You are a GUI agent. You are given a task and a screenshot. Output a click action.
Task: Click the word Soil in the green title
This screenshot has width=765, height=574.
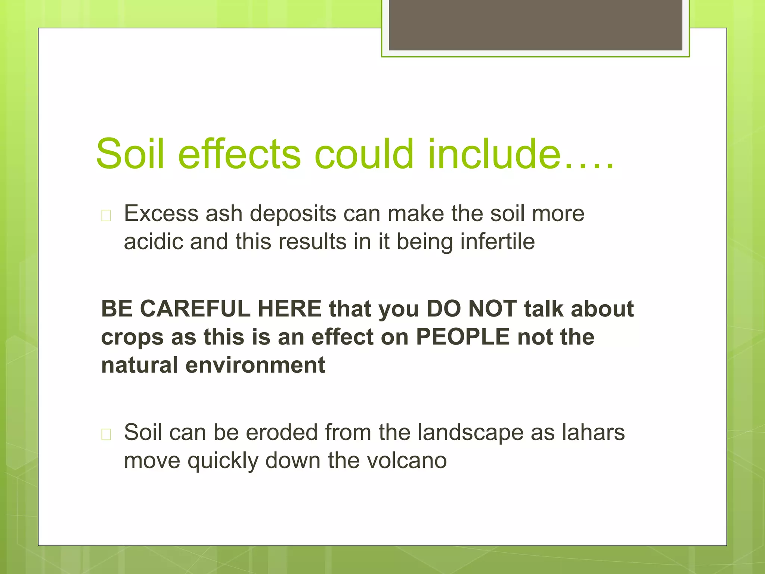coord(130,154)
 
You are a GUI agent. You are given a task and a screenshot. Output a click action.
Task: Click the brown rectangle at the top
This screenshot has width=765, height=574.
coord(535,25)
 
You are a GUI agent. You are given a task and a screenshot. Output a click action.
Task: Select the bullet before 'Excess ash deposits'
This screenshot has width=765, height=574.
coord(106,216)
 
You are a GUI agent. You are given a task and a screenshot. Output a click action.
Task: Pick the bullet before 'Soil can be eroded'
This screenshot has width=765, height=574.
coord(106,435)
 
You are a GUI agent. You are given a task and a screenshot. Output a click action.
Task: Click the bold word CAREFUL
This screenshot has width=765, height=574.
coord(193,309)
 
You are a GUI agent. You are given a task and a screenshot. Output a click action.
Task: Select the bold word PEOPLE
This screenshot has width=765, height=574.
coord(463,337)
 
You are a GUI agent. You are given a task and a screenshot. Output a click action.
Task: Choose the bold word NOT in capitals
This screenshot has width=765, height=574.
coord(492,309)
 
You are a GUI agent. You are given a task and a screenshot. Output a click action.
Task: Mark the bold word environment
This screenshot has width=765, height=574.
coord(255,365)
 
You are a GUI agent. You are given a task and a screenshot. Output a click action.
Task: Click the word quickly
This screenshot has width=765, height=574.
coord(223,462)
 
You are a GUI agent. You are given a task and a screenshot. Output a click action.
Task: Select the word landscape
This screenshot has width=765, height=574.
coord(470,433)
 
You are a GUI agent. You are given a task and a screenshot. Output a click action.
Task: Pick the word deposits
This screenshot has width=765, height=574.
coord(293,215)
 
